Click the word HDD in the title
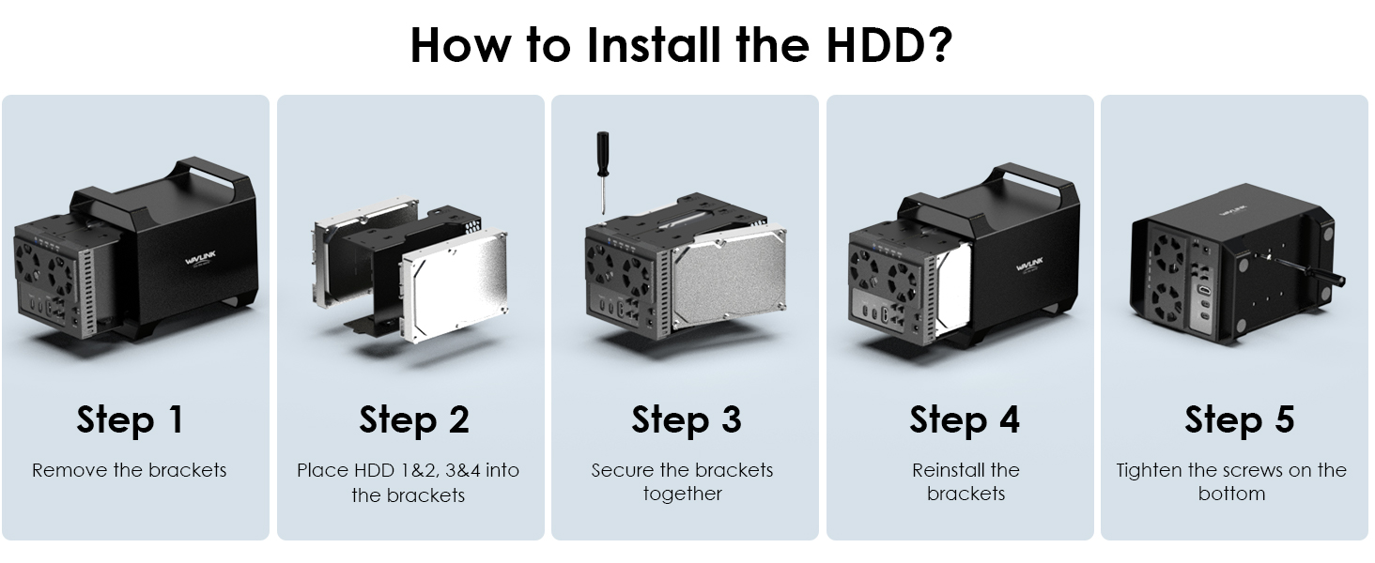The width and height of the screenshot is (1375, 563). (x=874, y=45)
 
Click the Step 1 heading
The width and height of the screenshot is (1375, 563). (x=130, y=419)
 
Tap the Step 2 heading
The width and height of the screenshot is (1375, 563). (x=413, y=419)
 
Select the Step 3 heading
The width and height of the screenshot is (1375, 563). (x=686, y=419)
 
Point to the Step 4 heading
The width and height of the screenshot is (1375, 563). (x=964, y=419)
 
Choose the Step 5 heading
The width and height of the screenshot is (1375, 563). (x=1239, y=419)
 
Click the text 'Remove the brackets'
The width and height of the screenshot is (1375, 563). (x=130, y=470)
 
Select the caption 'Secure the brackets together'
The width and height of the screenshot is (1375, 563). (x=682, y=481)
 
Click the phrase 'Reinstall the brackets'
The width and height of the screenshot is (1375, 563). (x=966, y=481)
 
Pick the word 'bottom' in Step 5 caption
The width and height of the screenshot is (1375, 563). (x=1231, y=494)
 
